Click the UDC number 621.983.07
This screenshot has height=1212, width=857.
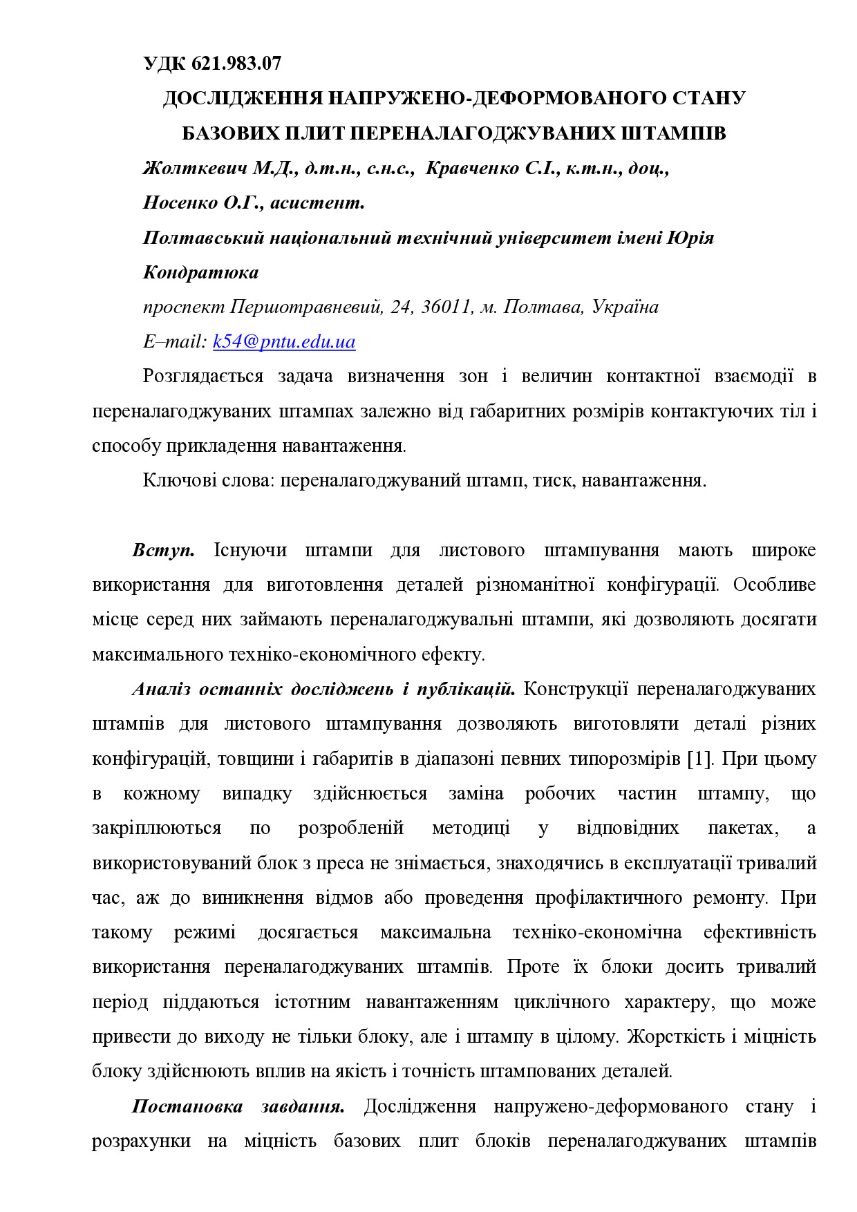pyautogui.click(x=236, y=64)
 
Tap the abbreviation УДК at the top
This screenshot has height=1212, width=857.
pyautogui.click(x=164, y=64)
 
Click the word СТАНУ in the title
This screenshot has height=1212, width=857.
pyautogui.click(x=708, y=98)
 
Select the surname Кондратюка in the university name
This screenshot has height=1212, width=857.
pyautogui.click(x=200, y=272)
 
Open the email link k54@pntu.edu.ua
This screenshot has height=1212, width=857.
pyautogui.click(x=284, y=341)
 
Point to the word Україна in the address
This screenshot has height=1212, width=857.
pyautogui.click(x=625, y=307)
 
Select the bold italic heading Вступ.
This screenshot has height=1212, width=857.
pyautogui.click(x=163, y=550)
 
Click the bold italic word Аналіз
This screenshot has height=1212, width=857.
pyautogui.click(x=162, y=689)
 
